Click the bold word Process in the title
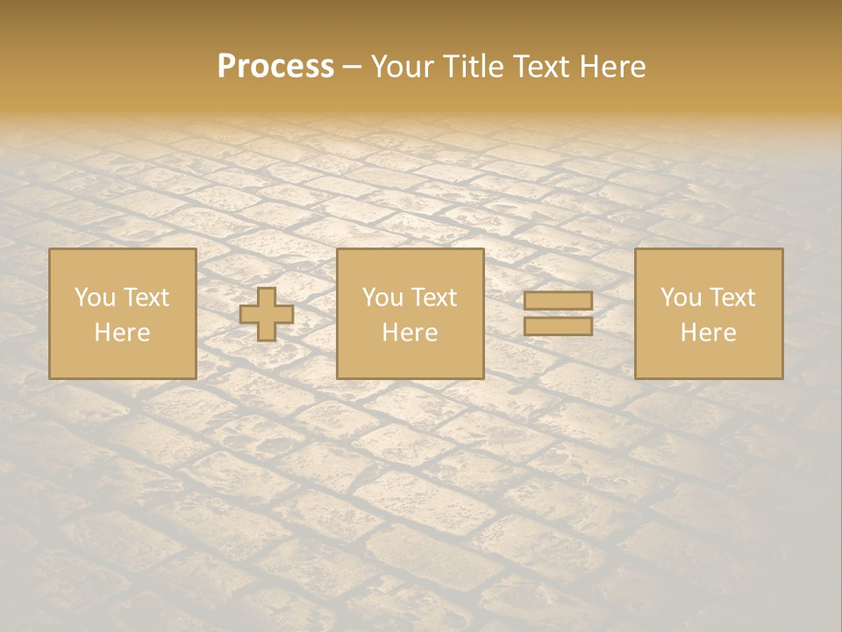point(275,67)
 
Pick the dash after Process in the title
point(352,68)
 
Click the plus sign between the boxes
point(267,314)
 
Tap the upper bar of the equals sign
point(558,301)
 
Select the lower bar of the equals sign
point(558,326)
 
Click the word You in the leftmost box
point(95,298)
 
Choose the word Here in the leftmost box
point(122,333)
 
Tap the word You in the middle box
point(382,298)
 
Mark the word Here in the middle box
point(410,333)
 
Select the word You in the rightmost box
point(681,298)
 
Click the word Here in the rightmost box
point(708,333)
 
